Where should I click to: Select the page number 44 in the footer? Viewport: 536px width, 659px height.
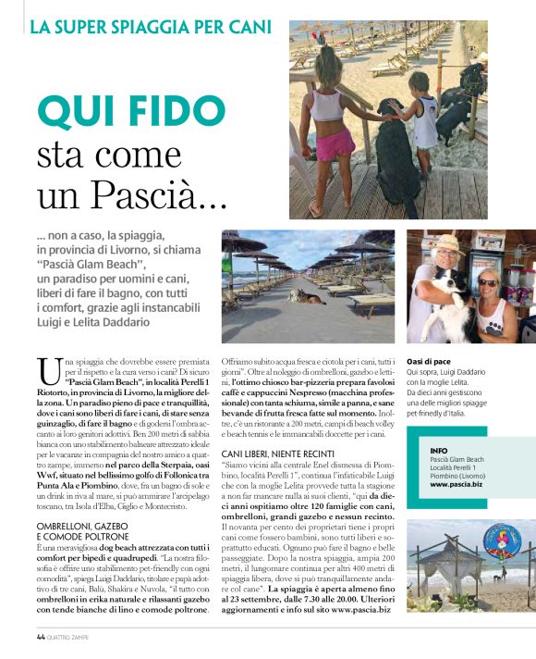click(x=41, y=637)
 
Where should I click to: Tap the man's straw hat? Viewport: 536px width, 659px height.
click(x=447, y=243)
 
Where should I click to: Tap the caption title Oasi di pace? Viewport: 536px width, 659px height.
click(x=429, y=362)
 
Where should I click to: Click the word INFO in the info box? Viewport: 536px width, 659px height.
click(x=441, y=451)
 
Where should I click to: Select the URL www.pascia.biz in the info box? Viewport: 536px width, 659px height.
click(x=455, y=484)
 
